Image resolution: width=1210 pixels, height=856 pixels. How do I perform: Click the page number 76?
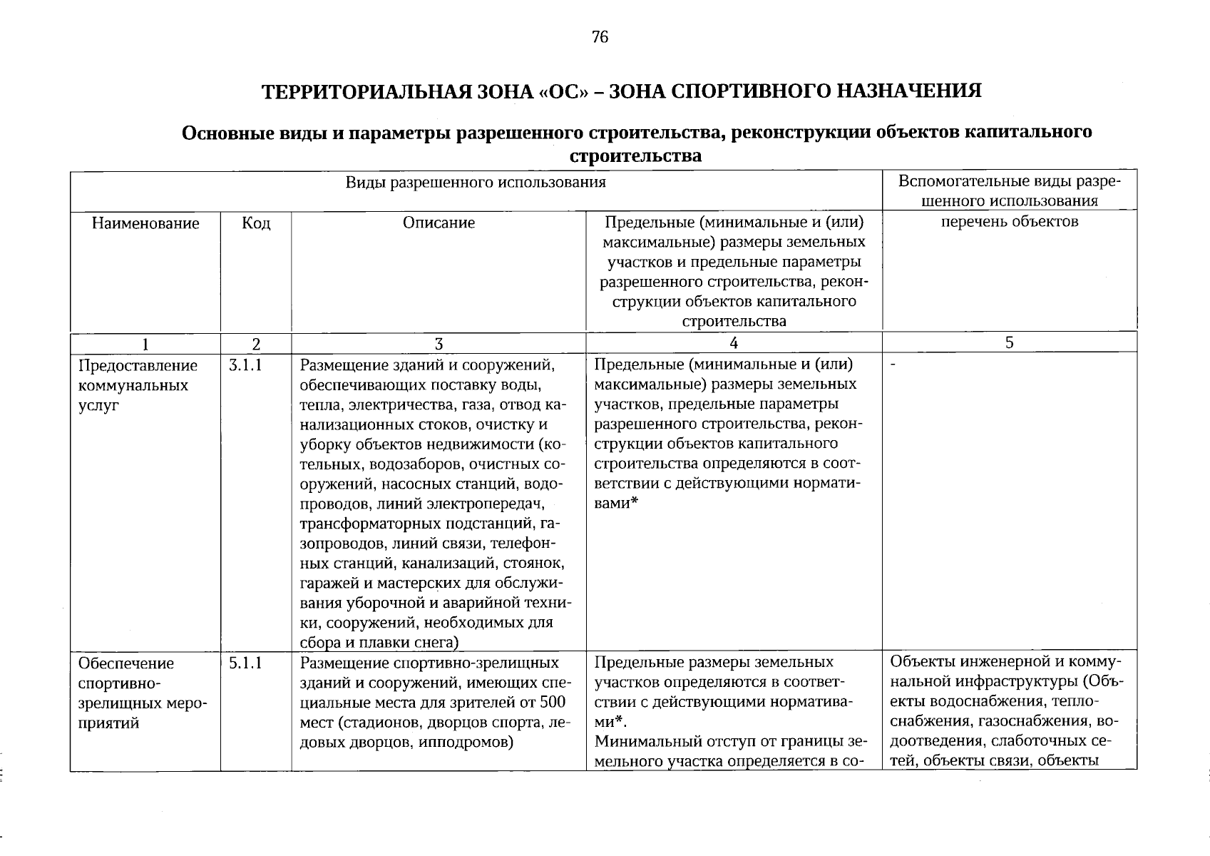pos(600,37)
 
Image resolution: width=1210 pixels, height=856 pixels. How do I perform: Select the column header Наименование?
pos(145,223)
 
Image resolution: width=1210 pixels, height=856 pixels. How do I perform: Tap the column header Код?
pos(256,223)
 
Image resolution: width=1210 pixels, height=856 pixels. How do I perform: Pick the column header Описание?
pos(439,223)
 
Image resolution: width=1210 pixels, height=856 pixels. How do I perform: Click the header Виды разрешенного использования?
pos(476,182)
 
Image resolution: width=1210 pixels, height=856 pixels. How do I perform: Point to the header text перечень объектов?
pos(1010,221)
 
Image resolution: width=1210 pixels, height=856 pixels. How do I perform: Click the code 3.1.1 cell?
pos(246,366)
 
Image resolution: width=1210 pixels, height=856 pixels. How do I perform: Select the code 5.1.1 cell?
pos(246,663)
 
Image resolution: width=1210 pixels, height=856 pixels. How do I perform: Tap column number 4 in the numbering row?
pos(734,343)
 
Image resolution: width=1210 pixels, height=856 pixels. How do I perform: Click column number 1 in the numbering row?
pos(145,345)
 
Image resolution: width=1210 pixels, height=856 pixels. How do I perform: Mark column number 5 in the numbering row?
pos(1009,342)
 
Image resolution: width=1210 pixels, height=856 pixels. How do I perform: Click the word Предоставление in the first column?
pos(138,366)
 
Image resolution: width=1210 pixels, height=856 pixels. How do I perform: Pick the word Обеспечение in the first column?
pos(126,663)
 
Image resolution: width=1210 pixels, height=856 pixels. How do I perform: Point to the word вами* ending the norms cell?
pos(616,503)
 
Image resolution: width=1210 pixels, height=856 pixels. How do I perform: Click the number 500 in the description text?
pos(553,703)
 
